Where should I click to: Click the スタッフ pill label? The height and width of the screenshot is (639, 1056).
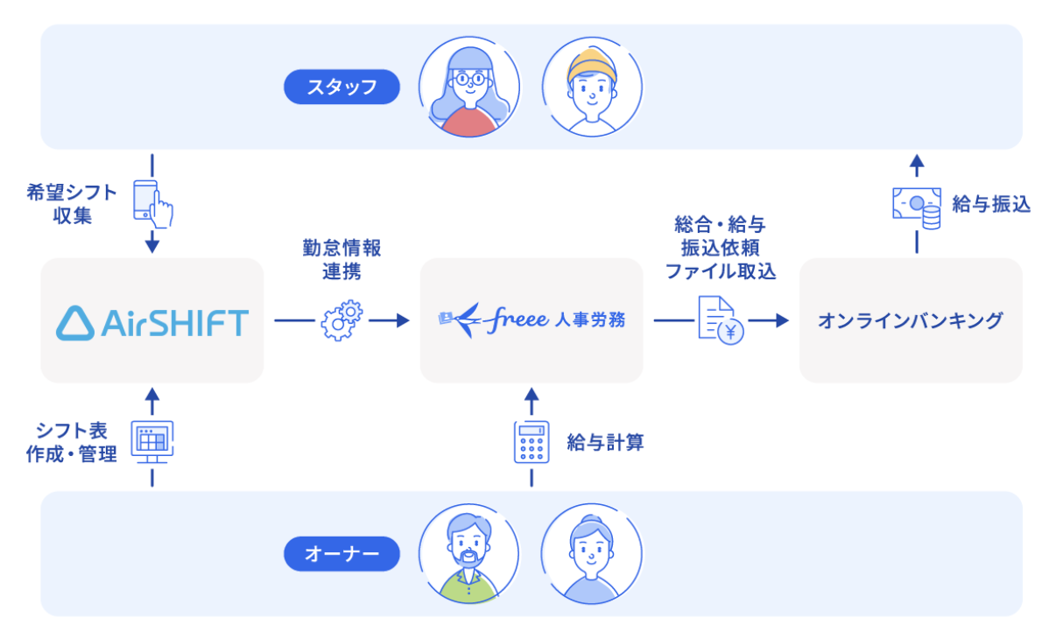click(341, 87)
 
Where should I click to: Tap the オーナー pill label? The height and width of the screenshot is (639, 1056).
click(341, 553)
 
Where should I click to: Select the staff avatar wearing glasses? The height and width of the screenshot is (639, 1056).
click(469, 86)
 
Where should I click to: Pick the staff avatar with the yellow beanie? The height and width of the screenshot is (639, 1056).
click(591, 86)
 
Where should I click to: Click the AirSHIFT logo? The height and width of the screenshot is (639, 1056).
click(152, 321)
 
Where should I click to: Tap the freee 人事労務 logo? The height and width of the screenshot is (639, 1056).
click(532, 319)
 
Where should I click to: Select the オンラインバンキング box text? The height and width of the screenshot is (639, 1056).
click(911, 320)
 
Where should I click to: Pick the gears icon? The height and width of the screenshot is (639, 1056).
click(341, 320)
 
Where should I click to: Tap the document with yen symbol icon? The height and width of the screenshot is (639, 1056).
click(721, 320)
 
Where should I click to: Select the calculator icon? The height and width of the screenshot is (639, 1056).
click(531, 442)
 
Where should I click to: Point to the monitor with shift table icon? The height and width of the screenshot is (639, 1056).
click(151, 439)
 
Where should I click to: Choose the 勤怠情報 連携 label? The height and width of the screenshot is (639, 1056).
click(341, 259)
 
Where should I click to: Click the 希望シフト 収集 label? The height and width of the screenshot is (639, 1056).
click(72, 204)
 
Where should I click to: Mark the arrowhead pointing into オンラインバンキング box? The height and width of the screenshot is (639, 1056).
click(782, 320)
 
